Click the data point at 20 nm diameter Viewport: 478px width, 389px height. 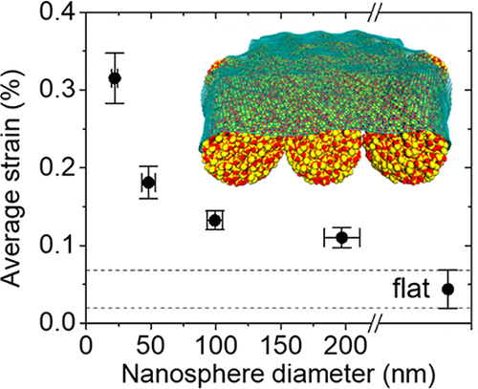click(115, 78)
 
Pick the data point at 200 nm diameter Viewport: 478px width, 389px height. click(341, 237)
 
